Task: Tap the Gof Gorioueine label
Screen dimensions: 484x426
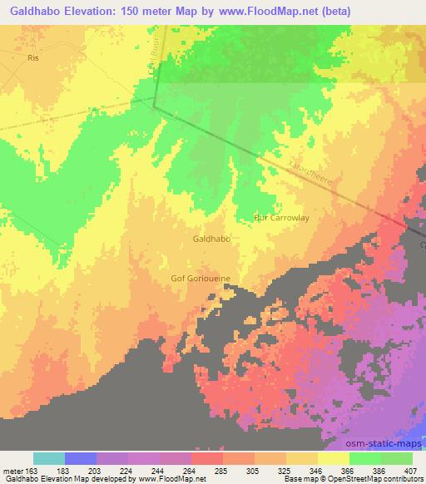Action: coord(200,279)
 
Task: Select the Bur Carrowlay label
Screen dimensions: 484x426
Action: coord(281,218)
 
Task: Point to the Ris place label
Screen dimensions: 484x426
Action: coord(33,60)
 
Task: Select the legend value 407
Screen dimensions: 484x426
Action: coord(411,471)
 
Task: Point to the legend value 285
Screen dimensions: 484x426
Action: coord(222,471)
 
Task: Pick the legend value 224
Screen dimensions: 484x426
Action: coord(127,471)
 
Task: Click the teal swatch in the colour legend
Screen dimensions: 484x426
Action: coord(49,458)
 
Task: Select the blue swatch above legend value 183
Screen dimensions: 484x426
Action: coord(81,458)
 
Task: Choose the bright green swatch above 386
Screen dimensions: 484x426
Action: coord(364,458)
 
